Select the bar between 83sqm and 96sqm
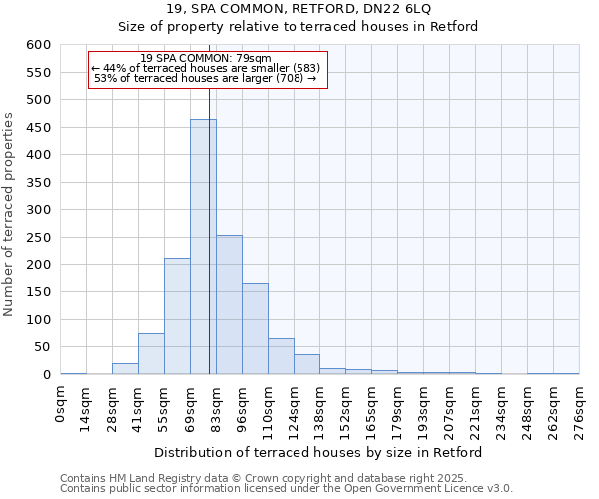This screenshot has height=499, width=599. [229, 304]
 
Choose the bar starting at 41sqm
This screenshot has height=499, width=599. [151, 354]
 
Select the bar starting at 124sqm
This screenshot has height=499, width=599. [306, 364]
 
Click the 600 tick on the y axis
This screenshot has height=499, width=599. [37, 45]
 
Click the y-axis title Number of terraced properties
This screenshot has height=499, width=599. [9, 215]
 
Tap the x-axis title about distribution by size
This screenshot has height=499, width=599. [319, 452]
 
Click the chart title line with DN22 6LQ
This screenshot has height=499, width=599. [299, 9]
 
